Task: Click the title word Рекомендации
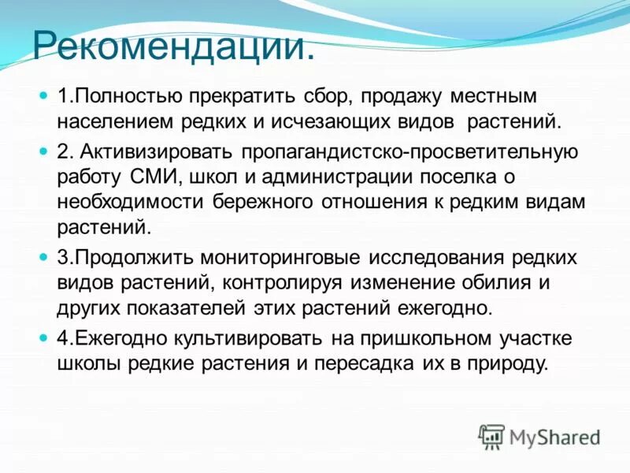(x=173, y=47)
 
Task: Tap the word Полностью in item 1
(x=127, y=96)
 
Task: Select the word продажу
(x=402, y=96)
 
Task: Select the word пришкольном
(x=421, y=337)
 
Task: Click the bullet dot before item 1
(x=43, y=96)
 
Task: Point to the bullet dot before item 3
(x=43, y=257)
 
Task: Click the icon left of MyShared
(x=491, y=436)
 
